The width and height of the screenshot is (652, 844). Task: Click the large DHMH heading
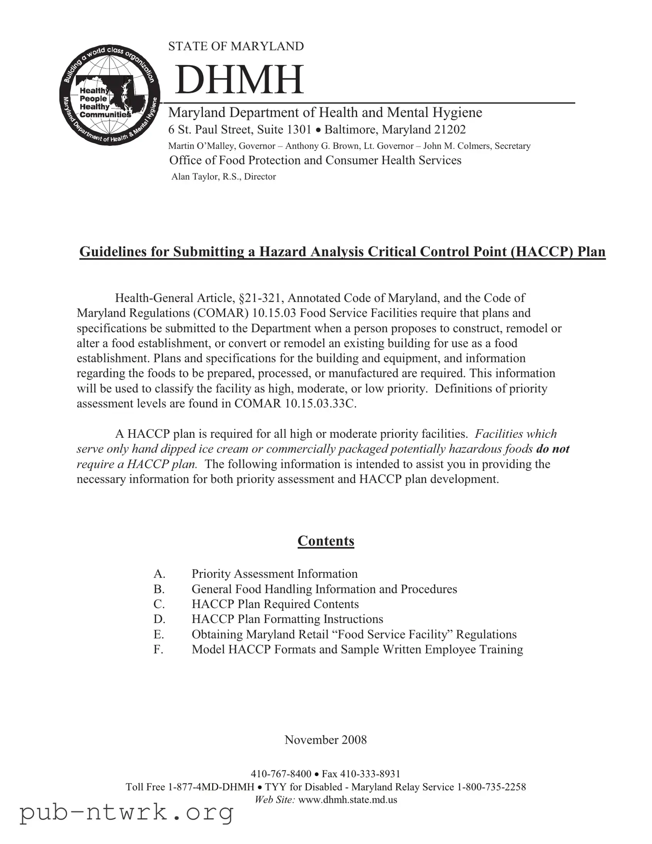(x=239, y=80)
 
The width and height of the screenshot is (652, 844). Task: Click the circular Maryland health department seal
(x=110, y=95)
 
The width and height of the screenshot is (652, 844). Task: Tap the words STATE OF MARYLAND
(x=236, y=46)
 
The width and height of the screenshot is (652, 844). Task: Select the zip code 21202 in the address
(x=450, y=130)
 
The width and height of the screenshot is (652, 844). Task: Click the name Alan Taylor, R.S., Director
(x=224, y=177)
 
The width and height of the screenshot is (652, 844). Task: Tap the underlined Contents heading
(x=325, y=541)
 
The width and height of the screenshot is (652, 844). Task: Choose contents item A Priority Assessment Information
(x=274, y=574)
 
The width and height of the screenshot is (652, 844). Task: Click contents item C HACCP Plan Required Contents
(x=275, y=604)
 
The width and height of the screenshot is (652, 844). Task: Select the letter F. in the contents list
(x=158, y=649)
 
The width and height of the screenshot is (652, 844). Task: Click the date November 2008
(x=325, y=740)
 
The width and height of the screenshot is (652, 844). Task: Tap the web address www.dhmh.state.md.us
(x=348, y=800)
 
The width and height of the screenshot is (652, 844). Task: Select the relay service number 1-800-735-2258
(x=491, y=787)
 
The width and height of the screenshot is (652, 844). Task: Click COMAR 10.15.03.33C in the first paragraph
(x=295, y=403)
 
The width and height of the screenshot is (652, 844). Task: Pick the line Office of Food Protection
(x=315, y=160)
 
